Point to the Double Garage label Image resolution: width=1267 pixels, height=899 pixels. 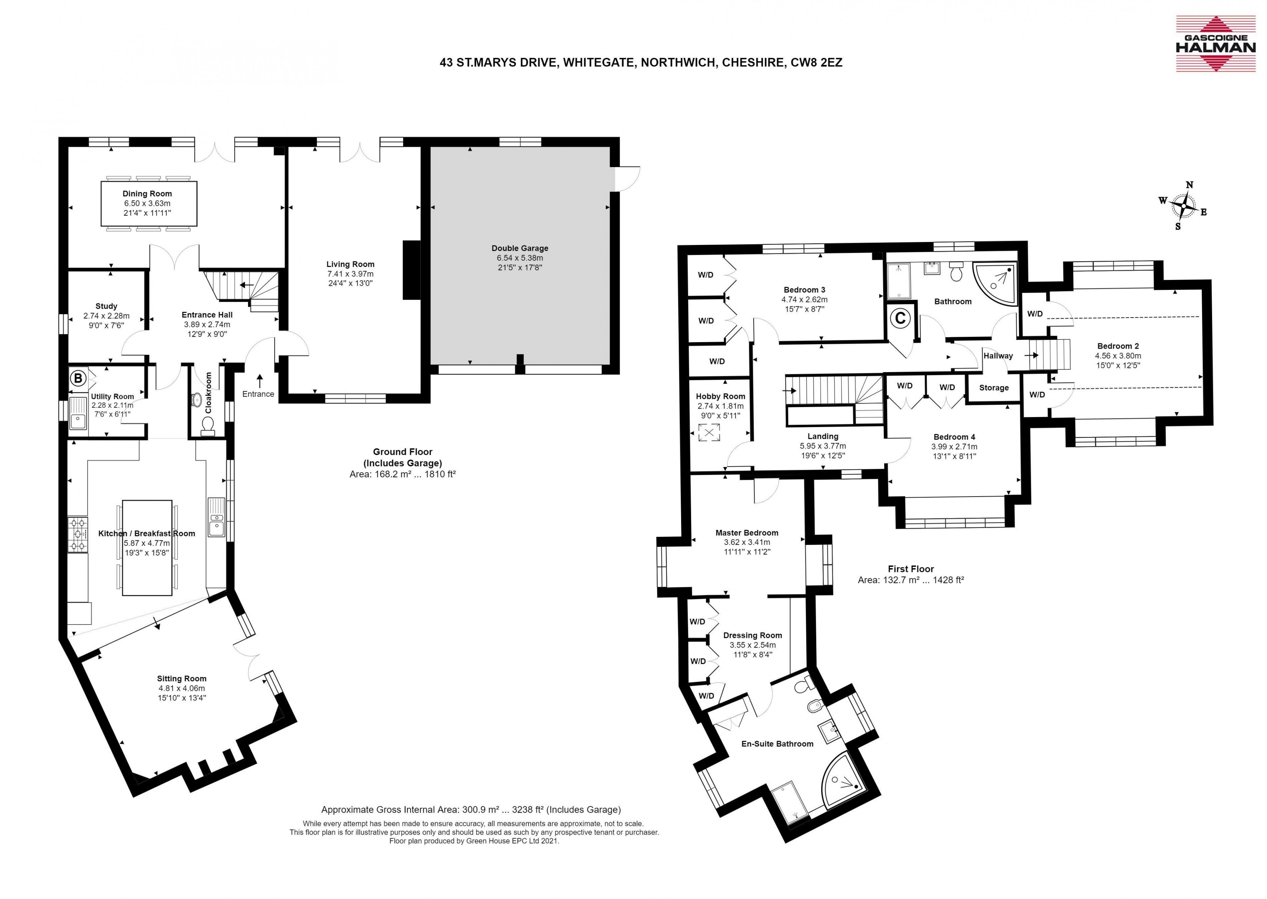[x=520, y=248]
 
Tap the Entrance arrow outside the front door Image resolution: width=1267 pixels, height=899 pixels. [x=259, y=381]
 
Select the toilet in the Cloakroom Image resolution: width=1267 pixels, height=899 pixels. [x=208, y=426]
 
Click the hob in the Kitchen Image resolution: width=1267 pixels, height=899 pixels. [x=78, y=534]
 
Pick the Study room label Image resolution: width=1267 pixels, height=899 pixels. [x=106, y=306]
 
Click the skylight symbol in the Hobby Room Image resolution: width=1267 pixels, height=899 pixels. [x=709, y=432]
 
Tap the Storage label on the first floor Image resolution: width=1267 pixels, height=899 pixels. [x=994, y=387]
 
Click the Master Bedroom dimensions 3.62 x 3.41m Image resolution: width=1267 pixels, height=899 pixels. [x=747, y=543]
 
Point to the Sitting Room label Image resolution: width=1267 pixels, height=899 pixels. [x=182, y=678]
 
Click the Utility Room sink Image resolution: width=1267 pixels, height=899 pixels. [x=78, y=414]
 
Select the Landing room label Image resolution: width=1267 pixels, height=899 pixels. [x=823, y=436]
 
